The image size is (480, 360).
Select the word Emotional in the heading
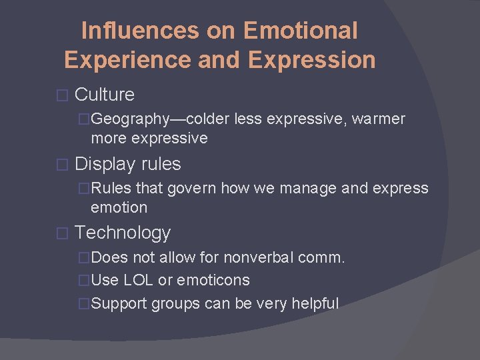(301, 31)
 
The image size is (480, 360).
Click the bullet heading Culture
(105, 95)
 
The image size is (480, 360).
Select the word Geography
(131, 119)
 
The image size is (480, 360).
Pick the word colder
(209, 119)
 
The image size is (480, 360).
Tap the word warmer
(379, 119)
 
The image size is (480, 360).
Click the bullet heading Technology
(123, 233)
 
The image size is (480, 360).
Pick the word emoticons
(215, 281)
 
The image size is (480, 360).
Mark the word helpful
(313, 303)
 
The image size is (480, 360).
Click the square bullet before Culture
(63, 95)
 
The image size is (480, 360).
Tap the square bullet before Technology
(63, 234)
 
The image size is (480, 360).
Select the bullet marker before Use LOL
(84, 281)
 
